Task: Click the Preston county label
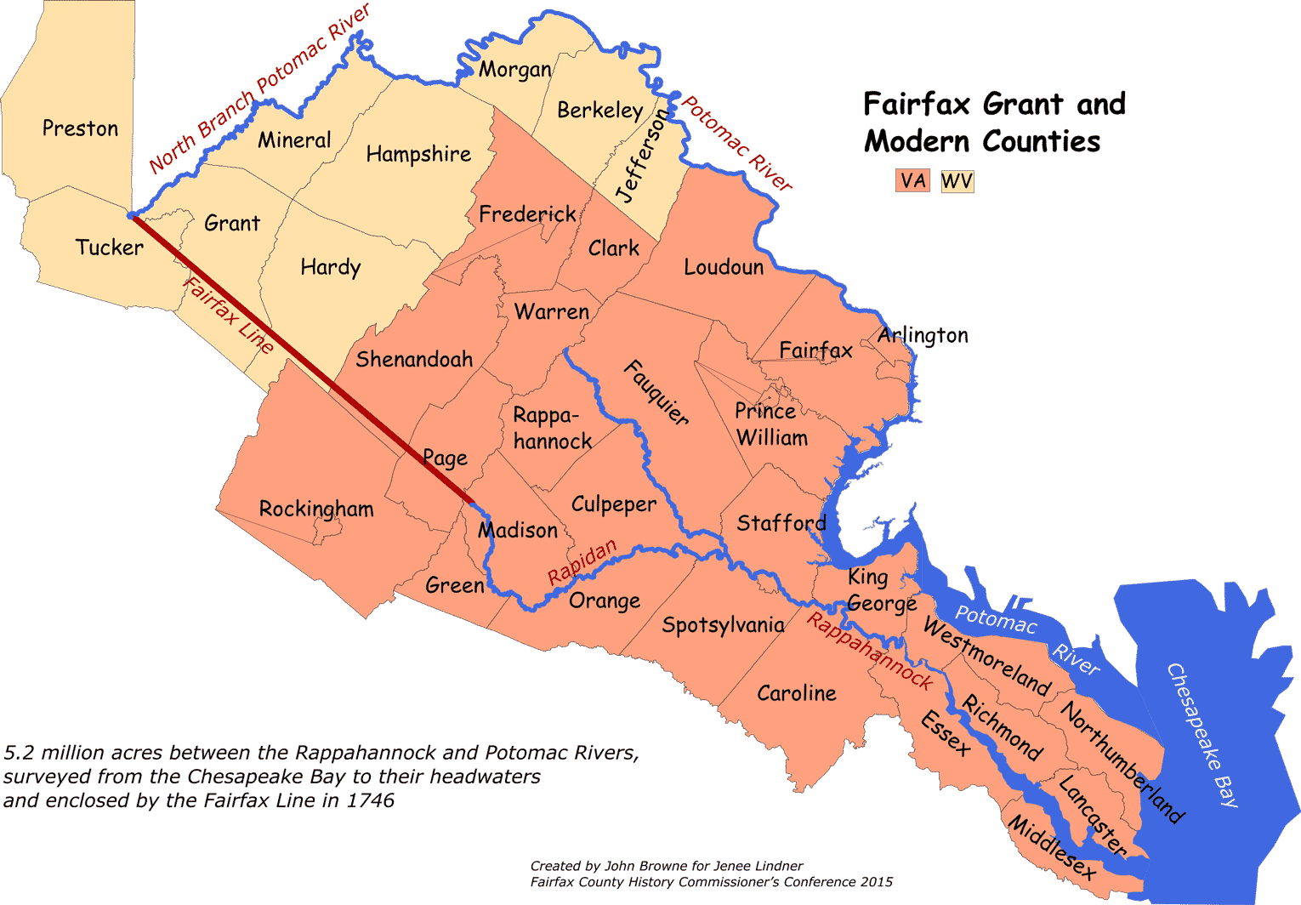pos(80,128)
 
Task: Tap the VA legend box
pos(912,181)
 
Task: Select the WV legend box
pos(957,181)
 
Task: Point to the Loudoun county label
pos(724,267)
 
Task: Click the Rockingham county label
pos(316,509)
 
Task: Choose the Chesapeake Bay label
pos(1202,735)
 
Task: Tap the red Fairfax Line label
pos(229,316)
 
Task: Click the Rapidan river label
pos(582,562)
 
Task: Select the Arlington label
pos(923,335)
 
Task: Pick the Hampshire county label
pos(418,154)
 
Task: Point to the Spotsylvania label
pos(723,625)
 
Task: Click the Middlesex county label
pos(1052,845)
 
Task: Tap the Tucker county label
pos(109,248)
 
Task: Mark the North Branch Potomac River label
pos(259,88)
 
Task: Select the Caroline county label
pos(797,693)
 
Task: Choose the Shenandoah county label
pos(414,359)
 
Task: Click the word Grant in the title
pos(1023,105)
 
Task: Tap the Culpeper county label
pos(614,504)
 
